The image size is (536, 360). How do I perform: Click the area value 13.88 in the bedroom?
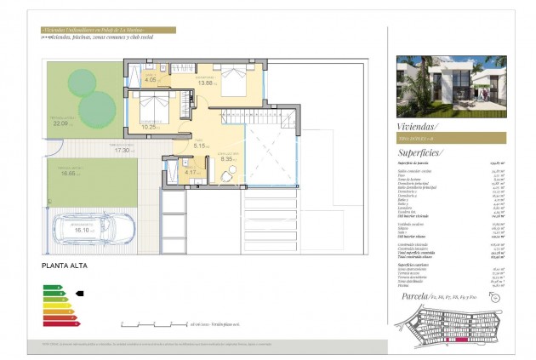(204, 82)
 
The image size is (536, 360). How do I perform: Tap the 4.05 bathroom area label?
(151, 80)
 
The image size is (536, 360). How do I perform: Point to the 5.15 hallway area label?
(200, 146)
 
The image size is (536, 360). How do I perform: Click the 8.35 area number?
(226, 157)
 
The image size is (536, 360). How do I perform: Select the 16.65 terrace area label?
(70, 172)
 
